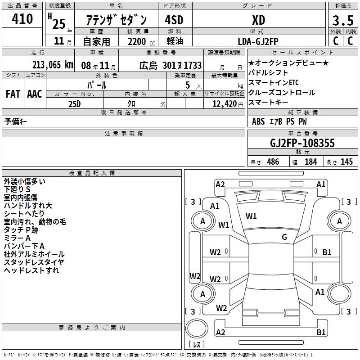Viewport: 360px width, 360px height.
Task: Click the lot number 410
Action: [23, 19]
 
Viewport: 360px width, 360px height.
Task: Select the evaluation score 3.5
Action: [342, 21]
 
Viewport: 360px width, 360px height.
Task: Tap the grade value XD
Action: [258, 20]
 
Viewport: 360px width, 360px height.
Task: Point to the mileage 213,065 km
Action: [53, 65]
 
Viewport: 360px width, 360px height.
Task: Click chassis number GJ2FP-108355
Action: [302, 143]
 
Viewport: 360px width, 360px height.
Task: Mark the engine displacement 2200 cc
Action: [139, 42]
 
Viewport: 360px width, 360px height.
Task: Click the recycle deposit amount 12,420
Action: [224, 104]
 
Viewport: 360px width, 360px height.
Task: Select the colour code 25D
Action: [74, 104]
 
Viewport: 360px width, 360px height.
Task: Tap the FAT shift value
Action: [13, 94]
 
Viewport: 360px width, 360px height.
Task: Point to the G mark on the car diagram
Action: [284, 237]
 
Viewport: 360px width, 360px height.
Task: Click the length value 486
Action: [273, 162]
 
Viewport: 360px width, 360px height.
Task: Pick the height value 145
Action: [346, 162]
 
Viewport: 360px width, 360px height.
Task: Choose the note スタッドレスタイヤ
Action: [34, 262]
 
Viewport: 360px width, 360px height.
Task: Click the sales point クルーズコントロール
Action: [282, 93]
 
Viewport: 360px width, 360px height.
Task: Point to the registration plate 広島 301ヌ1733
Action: [170, 65]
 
